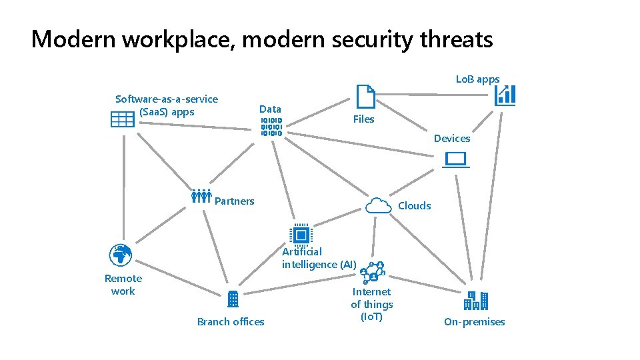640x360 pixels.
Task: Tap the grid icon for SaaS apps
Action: click(123, 119)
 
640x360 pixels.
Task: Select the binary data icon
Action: click(271, 127)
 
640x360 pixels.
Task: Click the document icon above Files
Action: click(365, 97)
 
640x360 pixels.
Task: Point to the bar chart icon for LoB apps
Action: click(505, 95)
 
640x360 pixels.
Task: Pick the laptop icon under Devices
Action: click(457, 160)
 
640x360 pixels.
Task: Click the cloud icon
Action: click(378, 205)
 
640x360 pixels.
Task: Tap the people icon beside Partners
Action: click(201, 195)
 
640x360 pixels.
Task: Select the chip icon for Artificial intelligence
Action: click(301, 235)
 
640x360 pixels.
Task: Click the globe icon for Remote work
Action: click(121, 255)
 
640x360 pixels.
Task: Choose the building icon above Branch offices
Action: click(233, 299)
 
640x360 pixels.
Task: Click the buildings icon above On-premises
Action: click(476, 301)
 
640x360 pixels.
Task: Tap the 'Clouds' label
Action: click(414, 206)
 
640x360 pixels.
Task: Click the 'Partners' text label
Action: click(235, 201)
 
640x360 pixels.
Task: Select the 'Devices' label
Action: click(451, 139)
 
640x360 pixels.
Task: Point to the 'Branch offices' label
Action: click(231, 322)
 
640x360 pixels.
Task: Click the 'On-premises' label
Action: click(474, 322)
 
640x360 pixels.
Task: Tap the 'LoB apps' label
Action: click(477, 79)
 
